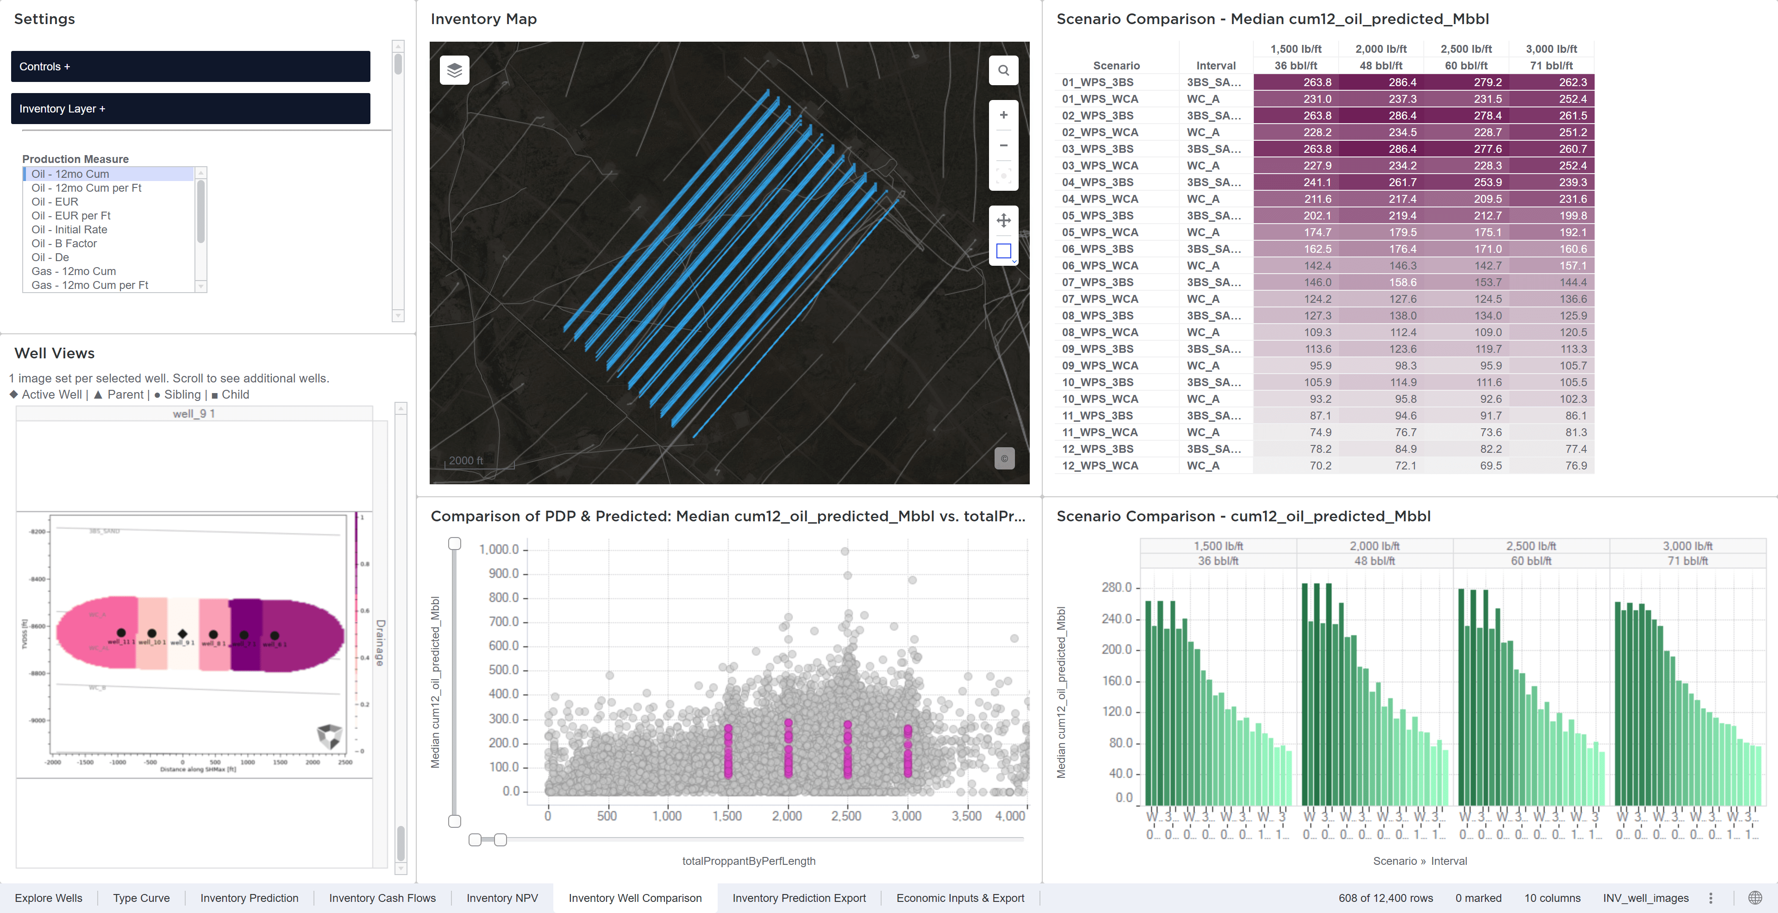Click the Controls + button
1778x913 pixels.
point(190,66)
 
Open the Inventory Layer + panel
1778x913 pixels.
point(190,108)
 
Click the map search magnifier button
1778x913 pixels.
point(1003,70)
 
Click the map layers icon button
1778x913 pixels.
point(454,70)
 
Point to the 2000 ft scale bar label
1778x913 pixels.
point(466,460)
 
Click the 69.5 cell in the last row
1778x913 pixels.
point(1490,466)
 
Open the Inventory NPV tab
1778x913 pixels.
point(502,898)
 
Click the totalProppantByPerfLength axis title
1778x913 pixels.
point(748,861)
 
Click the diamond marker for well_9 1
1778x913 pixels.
point(182,633)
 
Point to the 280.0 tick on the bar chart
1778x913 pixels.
point(1116,587)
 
